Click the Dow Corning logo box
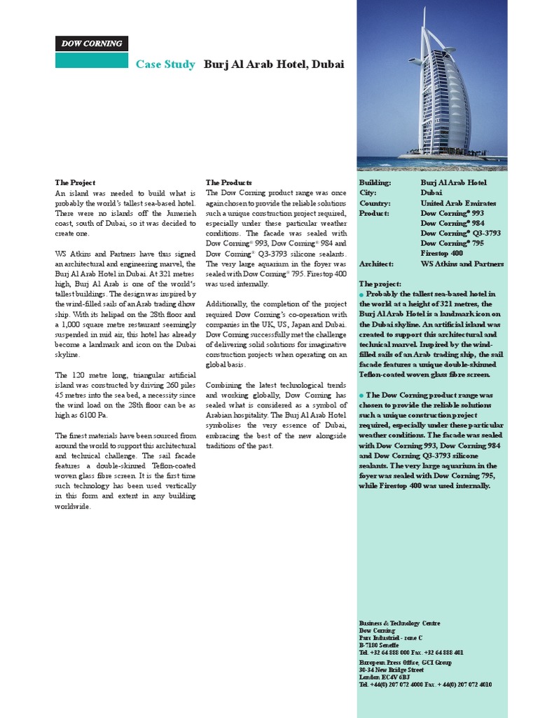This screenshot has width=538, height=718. [92, 43]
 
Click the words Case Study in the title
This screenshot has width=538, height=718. [165, 65]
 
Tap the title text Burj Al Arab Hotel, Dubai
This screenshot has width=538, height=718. [274, 65]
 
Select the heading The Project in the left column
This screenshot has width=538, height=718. [75, 182]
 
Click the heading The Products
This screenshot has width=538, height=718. [229, 182]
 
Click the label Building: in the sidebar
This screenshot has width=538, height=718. [375, 182]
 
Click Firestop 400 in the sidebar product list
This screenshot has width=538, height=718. [441, 253]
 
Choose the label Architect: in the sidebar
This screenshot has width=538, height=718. [376, 264]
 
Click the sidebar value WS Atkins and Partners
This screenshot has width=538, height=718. [462, 264]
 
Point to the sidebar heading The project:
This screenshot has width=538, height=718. [380, 284]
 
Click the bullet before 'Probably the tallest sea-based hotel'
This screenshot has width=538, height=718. [361, 294]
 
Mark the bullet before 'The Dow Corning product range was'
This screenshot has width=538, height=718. [361, 395]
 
